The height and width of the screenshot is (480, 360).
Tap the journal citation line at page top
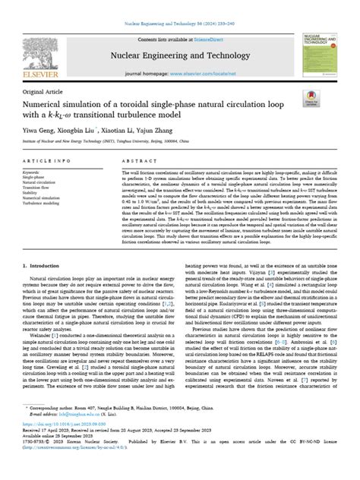pos(180,6)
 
